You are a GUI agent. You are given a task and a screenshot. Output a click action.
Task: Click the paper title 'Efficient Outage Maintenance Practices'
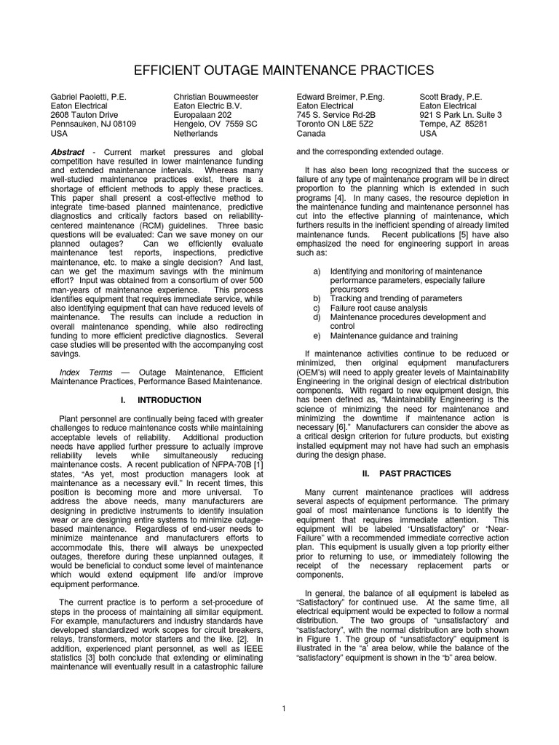pyautogui.click(x=279, y=70)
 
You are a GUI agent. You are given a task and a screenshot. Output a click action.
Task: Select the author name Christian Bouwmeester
pyautogui.click(x=215, y=97)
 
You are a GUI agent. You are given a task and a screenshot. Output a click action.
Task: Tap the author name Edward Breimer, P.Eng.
pyautogui.click(x=341, y=97)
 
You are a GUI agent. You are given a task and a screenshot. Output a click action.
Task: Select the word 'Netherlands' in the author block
pyautogui.click(x=196, y=134)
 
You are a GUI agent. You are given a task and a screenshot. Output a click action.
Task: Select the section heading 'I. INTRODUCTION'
pyautogui.click(x=160, y=400)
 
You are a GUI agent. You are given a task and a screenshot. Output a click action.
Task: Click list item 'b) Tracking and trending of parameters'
pyautogui.click(x=385, y=298)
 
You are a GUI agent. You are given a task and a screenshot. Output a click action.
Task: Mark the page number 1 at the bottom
pyautogui.click(x=282, y=708)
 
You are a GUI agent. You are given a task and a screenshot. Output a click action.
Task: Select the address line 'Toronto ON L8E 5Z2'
pyautogui.click(x=335, y=124)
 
